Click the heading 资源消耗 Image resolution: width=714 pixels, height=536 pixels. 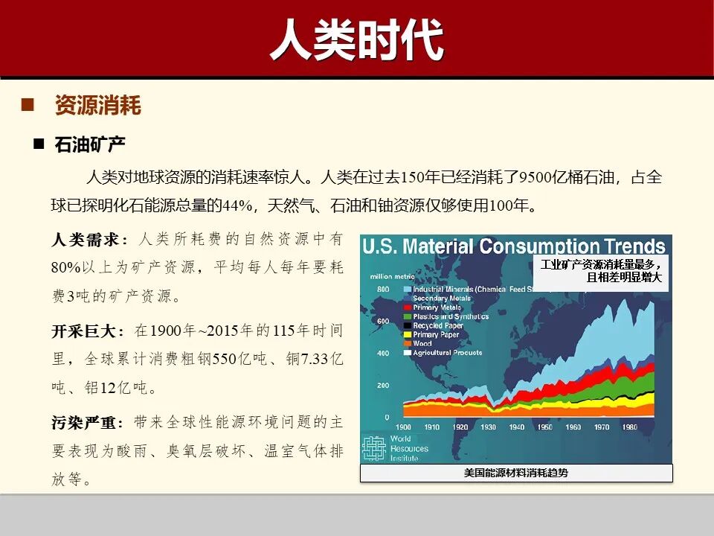pyautogui.click(x=97, y=105)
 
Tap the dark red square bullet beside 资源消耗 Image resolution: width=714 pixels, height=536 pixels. pyautogui.click(x=28, y=104)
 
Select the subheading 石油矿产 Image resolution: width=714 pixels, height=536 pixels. pyautogui.click(x=90, y=144)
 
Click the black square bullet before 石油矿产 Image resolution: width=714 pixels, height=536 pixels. pyautogui.click(x=39, y=143)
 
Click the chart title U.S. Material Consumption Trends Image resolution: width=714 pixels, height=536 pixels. pyautogui.click(x=514, y=246)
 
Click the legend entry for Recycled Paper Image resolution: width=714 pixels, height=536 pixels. pyautogui.click(x=438, y=326)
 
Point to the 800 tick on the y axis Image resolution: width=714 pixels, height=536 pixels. pyautogui.click(x=383, y=289)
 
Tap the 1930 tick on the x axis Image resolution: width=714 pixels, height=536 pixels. pyautogui.click(x=488, y=427)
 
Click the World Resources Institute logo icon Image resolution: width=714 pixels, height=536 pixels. pyautogui.click(x=373, y=447)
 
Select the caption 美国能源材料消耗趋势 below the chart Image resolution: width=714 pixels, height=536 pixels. pyautogui.click(x=515, y=473)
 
